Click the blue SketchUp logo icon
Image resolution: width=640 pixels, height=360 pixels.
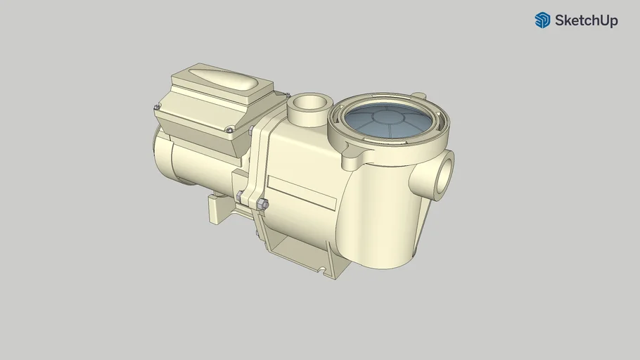542,20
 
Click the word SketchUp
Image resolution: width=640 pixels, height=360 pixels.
586,21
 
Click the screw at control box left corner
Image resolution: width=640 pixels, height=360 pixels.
157,107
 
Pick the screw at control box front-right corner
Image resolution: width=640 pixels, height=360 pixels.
229,129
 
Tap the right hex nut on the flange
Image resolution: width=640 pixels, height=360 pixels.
264,205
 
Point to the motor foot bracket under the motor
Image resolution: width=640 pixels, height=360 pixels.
218,209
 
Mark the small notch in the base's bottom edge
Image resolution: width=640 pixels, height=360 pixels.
321,269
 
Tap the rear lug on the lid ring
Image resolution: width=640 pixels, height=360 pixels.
418,95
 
